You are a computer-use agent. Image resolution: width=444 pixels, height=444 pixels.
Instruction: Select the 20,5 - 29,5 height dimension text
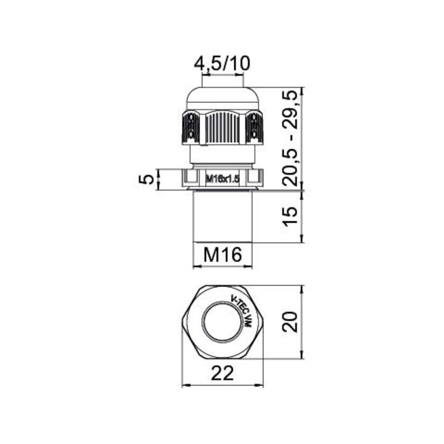point(291,138)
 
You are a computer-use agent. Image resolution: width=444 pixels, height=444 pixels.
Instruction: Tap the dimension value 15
point(291,216)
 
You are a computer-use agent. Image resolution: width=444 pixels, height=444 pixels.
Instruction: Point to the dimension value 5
point(147,179)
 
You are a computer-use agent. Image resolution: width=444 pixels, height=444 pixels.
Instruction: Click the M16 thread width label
point(223,254)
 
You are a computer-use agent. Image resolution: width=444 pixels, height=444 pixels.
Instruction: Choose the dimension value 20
point(291,322)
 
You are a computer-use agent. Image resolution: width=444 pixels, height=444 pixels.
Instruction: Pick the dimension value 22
point(223,373)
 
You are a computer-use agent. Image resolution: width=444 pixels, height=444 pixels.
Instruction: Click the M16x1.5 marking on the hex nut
point(223,179)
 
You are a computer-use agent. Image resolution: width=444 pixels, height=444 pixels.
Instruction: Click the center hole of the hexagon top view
point(223,322)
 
